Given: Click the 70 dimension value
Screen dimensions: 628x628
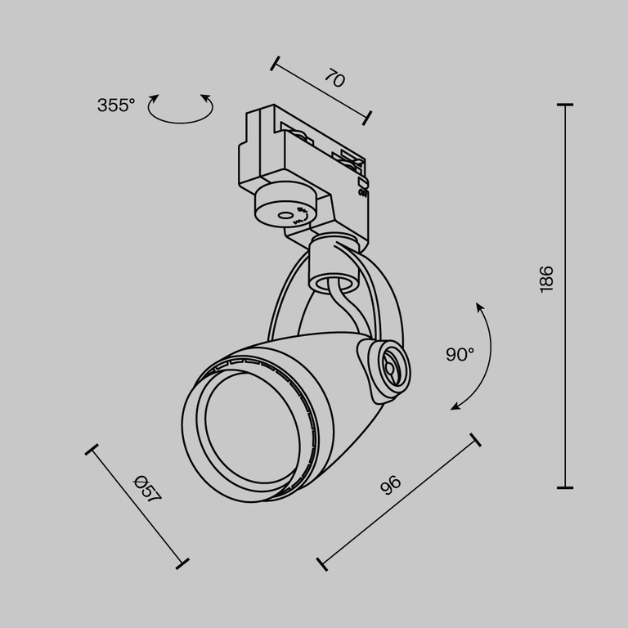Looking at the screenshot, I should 334,78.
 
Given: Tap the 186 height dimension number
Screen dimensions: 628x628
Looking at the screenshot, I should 547,279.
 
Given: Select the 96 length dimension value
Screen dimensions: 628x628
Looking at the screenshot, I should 392,485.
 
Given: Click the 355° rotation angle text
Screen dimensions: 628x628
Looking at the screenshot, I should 115,105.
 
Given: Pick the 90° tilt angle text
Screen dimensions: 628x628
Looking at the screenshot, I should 460,354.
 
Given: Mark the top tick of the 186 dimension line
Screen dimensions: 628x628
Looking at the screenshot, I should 564,105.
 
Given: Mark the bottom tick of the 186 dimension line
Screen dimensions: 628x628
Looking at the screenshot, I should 564,487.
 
